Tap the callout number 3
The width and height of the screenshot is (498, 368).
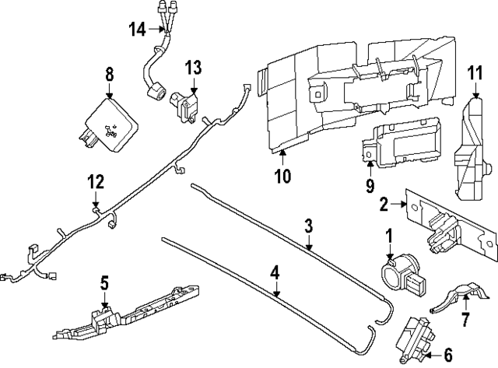(x=308, y=226)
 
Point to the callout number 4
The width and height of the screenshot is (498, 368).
(x=275, y=274)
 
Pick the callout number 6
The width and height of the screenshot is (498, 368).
(x=447, y=355)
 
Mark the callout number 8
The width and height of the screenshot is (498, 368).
(x=109, y=75)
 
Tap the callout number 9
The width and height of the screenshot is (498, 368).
(x=370, y=186)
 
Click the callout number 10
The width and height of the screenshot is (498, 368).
(x=282, y=176)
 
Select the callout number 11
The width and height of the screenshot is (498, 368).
(x=475, y=73)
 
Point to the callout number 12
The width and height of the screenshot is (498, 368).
(x=95, y=183)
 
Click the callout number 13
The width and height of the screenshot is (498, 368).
(x=192, y=68)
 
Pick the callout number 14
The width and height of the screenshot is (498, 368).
(x=138, y=30)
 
